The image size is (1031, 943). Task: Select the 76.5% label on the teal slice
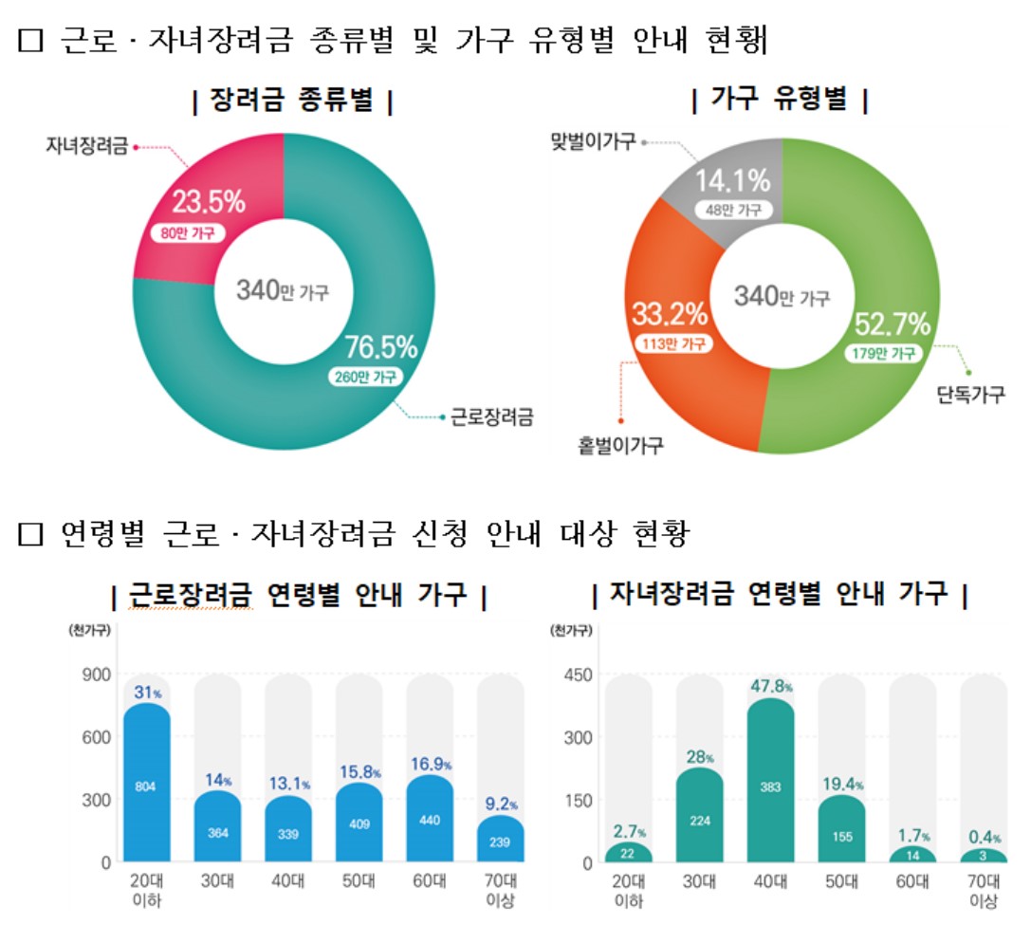[381, 348]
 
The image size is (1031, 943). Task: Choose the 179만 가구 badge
[884, 353]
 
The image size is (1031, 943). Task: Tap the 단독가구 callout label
[969, 394]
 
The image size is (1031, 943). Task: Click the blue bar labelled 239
[499, 841]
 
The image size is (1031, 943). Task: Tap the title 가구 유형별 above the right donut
[781, 100]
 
